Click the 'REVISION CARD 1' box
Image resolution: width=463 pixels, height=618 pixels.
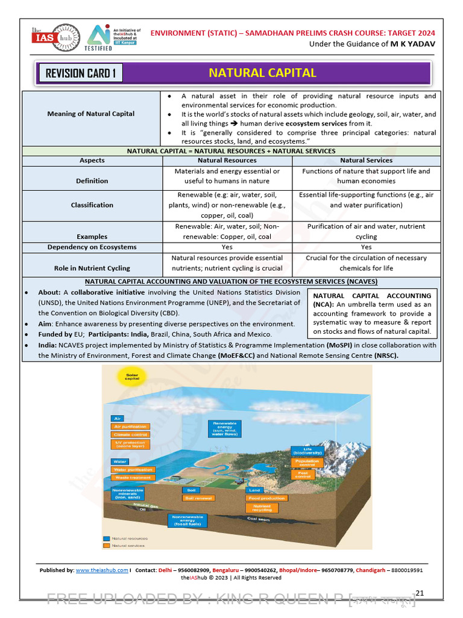pos(80,74)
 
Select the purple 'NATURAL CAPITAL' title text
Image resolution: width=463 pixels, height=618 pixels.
pos(262,73)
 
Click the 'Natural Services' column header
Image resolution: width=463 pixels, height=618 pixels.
pos(366,161)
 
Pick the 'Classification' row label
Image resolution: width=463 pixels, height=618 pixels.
pos(92,205)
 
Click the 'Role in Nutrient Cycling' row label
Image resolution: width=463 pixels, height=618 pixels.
pos(92,268)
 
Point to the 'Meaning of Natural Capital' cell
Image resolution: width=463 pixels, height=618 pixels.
pos(92,113)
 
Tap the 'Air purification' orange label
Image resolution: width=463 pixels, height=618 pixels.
pos(130,426)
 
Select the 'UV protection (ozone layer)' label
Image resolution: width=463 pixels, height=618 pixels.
pos(130,445)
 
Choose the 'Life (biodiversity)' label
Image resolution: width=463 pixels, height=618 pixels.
pos(307,451)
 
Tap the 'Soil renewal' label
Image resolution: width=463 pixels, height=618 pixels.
pos(198,498)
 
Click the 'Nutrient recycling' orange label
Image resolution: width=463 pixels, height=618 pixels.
pos(262,509)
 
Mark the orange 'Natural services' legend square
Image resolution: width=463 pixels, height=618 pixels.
pos(106,546)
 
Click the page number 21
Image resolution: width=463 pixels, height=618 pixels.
pos(420,593)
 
